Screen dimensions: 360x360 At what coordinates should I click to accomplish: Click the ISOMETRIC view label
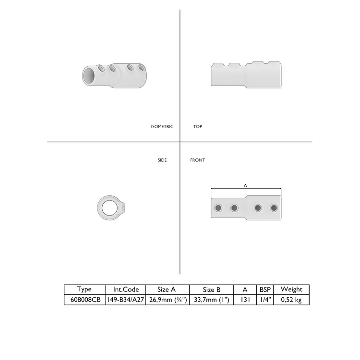(162, 127)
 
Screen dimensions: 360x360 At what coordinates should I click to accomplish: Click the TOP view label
(197, 127)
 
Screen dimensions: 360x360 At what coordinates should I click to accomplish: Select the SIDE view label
(162, 160)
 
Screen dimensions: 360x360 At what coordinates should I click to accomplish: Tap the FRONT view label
(197, 160)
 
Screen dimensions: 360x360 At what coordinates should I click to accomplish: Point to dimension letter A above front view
(245, 185)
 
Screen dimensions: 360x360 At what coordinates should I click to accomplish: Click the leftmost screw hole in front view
(218, 208)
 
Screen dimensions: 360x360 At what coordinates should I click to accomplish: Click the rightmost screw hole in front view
(274, 208)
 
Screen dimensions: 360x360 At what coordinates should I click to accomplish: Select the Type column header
(84, 289)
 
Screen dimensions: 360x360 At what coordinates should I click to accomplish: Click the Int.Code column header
(126, 289)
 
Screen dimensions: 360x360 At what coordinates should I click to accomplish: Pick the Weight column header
(291, 289)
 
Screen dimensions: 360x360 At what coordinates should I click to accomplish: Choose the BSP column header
(265, 289)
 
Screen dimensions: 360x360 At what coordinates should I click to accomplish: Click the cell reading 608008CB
(84, 300)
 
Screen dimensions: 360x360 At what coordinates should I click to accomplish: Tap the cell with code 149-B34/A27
(126, 300)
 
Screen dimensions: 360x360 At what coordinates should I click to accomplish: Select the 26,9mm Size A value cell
(168, 300)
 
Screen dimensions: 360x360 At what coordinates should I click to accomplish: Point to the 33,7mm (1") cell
(211, 300)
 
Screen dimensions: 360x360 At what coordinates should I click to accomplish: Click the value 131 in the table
(245, 300)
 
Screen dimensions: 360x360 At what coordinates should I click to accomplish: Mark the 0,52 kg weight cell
(291, 300)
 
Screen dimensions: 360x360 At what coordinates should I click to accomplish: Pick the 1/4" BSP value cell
(265, 300)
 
